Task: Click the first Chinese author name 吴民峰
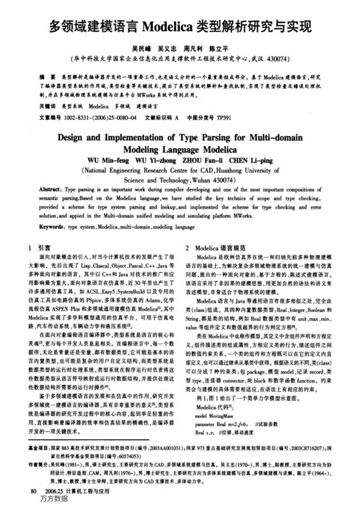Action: coord(144,50)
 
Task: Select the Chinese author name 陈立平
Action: coord(219,50)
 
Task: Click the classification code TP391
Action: coord(223,116)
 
